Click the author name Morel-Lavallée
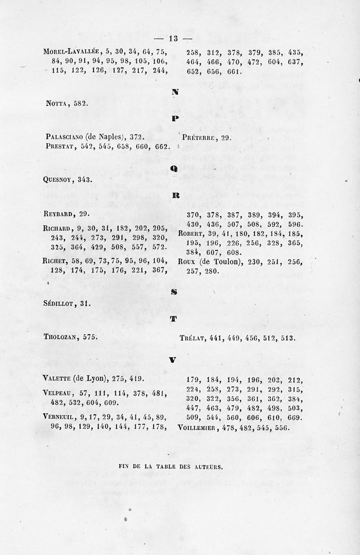tap(69, 51)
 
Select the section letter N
tap(175, 92)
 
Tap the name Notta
tap(56, 103)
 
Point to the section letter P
tap(175, 119)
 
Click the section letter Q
tap(174, 168)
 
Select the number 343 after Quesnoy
tap(85, 179)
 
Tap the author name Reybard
tap(59, 214)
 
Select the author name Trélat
tap(191, 338)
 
